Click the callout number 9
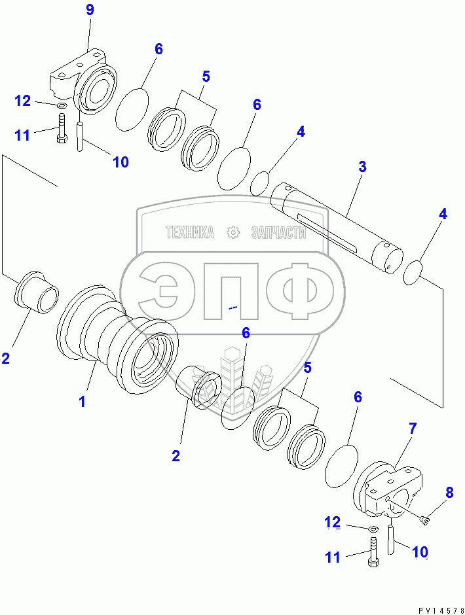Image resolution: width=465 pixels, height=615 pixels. pos(90,10)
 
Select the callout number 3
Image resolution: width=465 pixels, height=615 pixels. pos(362,166)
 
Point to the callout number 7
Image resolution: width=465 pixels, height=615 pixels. pos(412,429)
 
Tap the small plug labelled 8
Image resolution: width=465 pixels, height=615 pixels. pos(424,520)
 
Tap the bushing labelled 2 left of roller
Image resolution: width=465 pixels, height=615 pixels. pos(37,291)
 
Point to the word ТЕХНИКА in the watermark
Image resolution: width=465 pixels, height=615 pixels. pos(190,232)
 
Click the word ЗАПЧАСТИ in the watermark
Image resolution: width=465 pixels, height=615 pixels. pos(278,232)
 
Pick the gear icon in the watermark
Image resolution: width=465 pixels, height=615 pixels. pos(232,232)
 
